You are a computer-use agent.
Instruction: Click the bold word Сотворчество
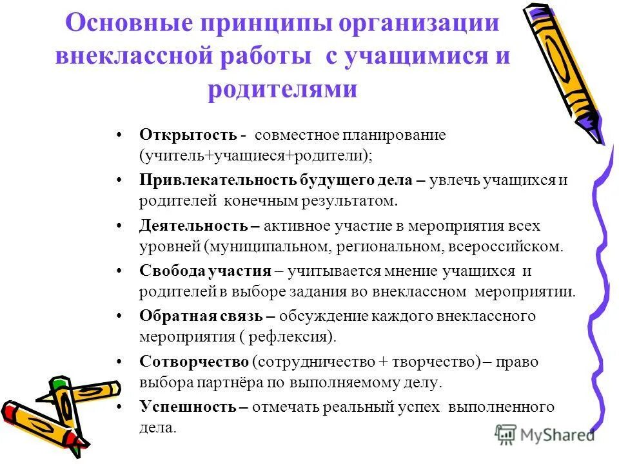click(194, 362)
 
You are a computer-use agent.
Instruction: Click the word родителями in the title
click(282, 88)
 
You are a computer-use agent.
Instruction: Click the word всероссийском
click(511, 246)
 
